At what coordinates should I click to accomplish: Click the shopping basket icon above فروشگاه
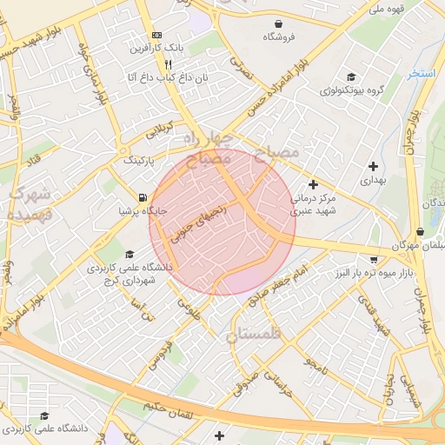278,23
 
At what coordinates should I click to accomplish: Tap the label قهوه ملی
388,9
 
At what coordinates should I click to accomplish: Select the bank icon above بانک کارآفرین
156,35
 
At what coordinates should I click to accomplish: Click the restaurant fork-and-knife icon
168,64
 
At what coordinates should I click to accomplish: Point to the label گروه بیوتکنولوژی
352,90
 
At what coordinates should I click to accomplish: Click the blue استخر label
422,74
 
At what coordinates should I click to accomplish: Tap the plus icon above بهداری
374,165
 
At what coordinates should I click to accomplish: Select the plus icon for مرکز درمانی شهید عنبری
314,184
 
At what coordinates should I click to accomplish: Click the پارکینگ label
139,162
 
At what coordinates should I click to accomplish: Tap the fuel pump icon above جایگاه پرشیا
143,197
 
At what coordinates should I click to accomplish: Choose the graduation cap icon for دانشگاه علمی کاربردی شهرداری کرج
130,255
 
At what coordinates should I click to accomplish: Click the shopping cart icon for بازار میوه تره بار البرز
374,259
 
